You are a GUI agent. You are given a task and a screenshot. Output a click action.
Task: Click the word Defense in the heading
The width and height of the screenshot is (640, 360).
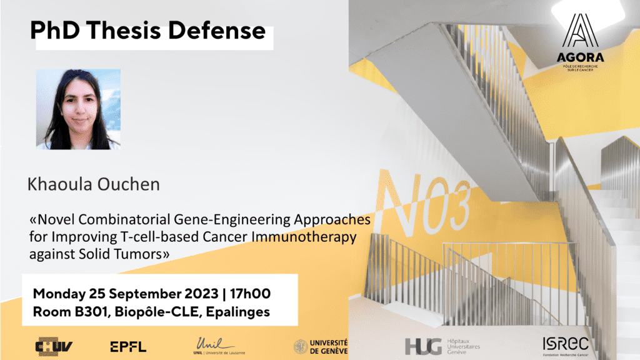point(217,31)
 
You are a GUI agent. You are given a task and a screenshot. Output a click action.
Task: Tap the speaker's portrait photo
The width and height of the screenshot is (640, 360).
point(78,109)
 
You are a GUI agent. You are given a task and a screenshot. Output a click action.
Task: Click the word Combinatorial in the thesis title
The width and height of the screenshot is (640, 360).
point(124,219)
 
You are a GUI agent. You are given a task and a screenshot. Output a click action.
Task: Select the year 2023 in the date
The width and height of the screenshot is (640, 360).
point(201,294)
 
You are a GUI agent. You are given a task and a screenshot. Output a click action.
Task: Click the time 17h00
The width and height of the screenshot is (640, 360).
point(250,294)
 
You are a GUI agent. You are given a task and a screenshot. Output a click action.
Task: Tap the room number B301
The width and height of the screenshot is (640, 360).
point(91,312)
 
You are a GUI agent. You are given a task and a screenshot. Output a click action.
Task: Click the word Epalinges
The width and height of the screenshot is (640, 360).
point(237,312)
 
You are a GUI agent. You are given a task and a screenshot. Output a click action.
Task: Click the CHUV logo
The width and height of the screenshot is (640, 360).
point(54,346)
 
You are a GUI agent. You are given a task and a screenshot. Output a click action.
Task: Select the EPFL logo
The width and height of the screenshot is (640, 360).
point(128,347)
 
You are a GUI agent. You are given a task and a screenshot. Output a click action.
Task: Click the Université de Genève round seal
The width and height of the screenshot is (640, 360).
point(301,346)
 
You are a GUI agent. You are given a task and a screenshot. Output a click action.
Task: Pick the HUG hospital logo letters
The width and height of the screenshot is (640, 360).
point(423,346)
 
